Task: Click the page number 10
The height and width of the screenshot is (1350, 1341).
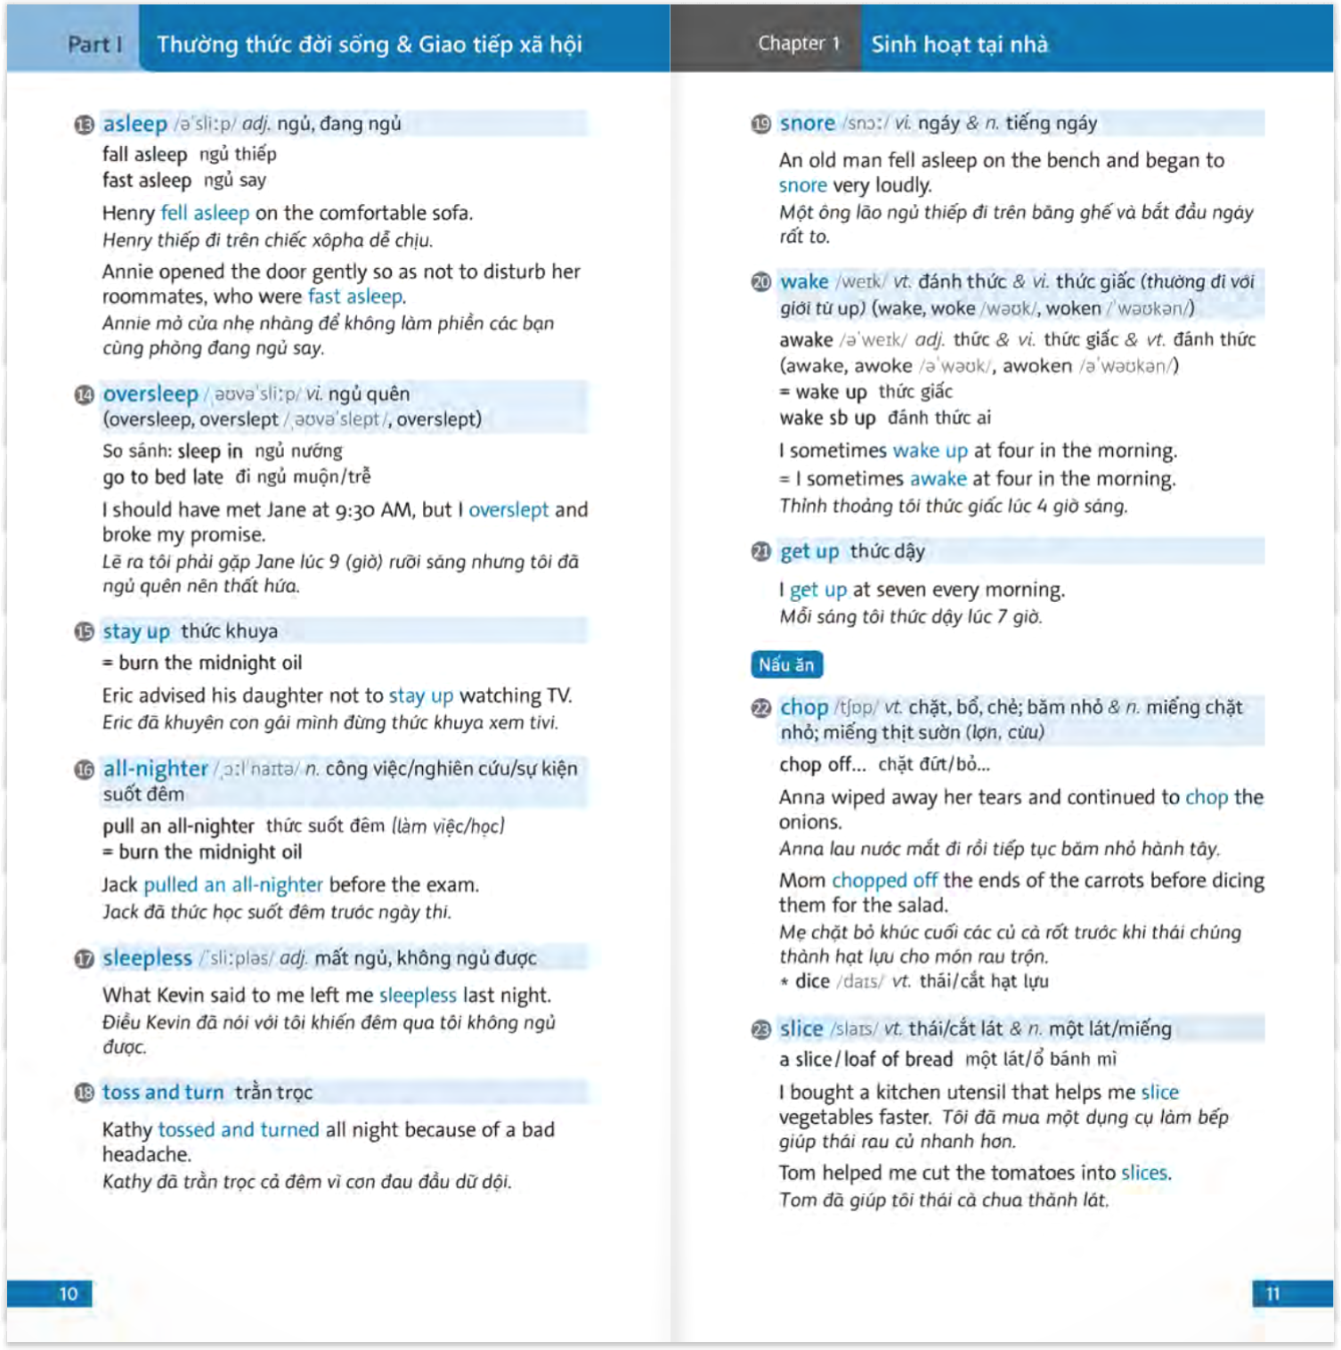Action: pyautogui.click(x=69, y=1293)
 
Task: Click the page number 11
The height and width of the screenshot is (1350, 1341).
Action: pyautogui.click(x=1272, y=1293)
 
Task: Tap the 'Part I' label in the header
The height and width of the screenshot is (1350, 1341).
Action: pyautogui.click(x=94, y=44)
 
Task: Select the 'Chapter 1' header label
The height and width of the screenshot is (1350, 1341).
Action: pyautogui.click(x=799, y=43)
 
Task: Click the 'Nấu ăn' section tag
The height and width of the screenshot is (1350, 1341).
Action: pyautogui.click(x=786, y=664)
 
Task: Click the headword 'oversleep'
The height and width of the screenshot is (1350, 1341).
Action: pyautogui.click(x=150, y=394)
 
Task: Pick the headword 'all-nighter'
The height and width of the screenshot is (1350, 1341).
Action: pyautogui.click(x=155, y=768)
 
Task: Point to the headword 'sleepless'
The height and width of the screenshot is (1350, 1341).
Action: pyautogui.click(x=147, y=957)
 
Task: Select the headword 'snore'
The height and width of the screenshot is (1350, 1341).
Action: pyautogui.click(x=807, y=123)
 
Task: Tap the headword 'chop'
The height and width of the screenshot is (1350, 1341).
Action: pyautogui.click(x=803, y=707)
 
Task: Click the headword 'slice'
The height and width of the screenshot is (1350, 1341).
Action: pyautogui.click(x=801, y=1029)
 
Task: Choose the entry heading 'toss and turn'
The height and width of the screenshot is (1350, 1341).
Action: pyautogui.click(x=163, y=1092)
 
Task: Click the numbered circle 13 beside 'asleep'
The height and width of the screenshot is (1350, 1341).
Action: pyautogui.click(x=85, y=125)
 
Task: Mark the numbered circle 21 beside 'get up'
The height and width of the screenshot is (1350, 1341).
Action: pyautogui.click(x=761, y=552)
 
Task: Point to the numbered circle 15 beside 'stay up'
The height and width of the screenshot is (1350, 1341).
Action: pyautogui.click(x=85, y=631)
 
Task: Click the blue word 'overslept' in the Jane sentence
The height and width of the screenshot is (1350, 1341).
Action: pyautogui.click(x=508, y=509)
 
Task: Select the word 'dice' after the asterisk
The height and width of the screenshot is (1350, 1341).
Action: pyautogui.click(x=812, y=980)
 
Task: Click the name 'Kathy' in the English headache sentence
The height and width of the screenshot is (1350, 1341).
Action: pyautogui.click(x=126, y=1129)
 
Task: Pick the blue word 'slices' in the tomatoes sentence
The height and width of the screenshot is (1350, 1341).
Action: pyautogui.click(x=1144, y=1172)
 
